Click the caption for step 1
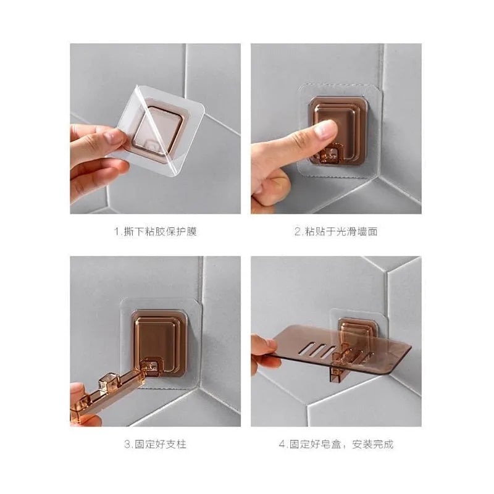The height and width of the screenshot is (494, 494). (156, 232)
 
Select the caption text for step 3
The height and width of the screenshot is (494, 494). (155, 444)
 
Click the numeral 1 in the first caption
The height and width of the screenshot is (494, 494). (116, 232)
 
